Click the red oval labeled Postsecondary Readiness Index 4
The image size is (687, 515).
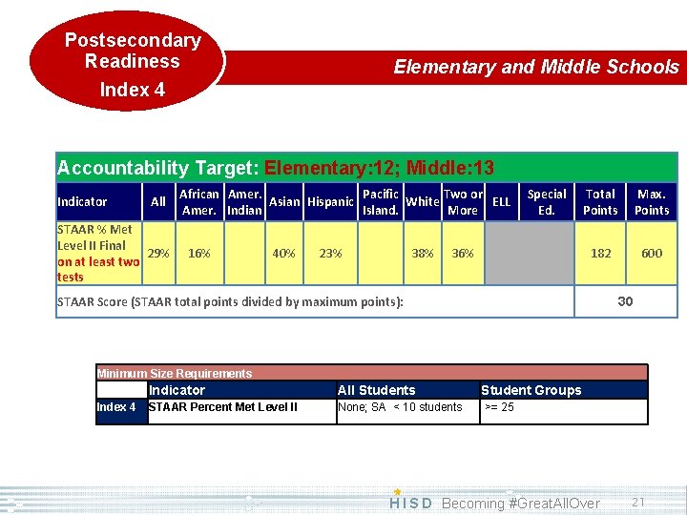click(x=128, y=64)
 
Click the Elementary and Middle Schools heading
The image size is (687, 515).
click(x=535, y=67)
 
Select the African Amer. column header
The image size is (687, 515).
click(x=199, y=202)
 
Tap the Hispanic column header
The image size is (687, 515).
click(x=330, y=202)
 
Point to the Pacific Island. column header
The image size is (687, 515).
click(x=381, y=202)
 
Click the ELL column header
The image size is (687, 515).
click(x=501, y=202)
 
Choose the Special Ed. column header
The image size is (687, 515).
click(x=547, y=202)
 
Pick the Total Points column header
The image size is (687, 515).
click(x=600, y=202)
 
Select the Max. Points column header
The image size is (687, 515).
click(x=652, y=202)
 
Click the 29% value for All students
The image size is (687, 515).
click(x=158, y=254)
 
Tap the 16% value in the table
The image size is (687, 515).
click(x=199, y=254)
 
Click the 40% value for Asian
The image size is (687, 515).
click(x=283, y=254)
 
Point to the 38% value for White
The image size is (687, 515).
click(x=422, y=254)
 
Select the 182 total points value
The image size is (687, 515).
click(x=601, y=254)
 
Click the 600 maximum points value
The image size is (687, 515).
click(x=652, y=254)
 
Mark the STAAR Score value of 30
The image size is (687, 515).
click(x=625, y=301)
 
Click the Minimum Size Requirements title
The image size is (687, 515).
click(x=175, y=373)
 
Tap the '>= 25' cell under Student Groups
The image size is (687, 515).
click(x=499, y=407)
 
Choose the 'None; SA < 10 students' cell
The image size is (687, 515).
click(x=401, y=407)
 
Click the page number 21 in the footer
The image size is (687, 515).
click(x=638, y=502)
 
